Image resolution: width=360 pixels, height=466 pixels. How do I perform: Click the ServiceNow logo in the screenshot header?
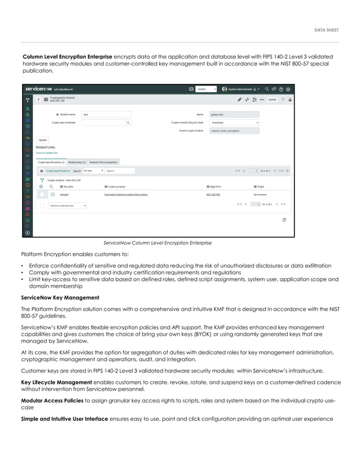coord(38,89)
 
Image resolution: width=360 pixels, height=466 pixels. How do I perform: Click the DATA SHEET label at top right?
coord(326,30)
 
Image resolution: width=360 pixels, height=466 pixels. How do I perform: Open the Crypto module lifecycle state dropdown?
coord(234,122)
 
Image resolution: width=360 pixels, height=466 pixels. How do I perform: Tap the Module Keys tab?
coord(77,162)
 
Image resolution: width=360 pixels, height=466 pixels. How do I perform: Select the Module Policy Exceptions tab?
coord(104,162)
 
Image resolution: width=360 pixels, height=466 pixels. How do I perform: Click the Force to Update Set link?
coord(47,152)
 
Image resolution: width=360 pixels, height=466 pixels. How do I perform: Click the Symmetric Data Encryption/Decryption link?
coord(126,194)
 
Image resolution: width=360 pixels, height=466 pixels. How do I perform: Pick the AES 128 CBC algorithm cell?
coord(214,194)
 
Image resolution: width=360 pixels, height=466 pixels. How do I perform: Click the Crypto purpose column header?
coord(117,186)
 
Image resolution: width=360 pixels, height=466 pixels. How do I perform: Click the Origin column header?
coord(260,186)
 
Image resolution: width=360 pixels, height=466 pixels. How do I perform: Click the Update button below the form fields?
coord(42,139)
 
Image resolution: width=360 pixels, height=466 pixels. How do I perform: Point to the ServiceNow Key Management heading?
coord(60,297)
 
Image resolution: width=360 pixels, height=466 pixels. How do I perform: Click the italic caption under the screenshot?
coord(157,243)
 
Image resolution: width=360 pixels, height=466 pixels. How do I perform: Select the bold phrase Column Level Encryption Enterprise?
coord(67,56)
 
